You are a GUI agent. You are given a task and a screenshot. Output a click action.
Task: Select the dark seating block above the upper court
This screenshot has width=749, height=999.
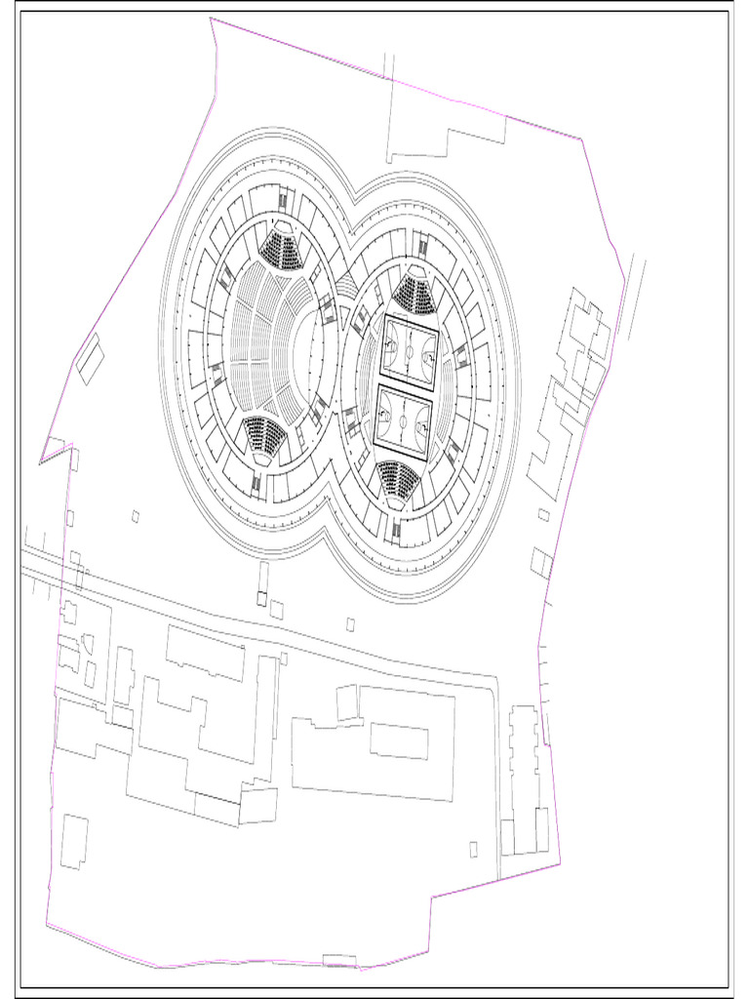click(x=414, y=292)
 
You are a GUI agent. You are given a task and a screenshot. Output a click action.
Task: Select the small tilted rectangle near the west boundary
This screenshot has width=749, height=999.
click(x=90, y=359)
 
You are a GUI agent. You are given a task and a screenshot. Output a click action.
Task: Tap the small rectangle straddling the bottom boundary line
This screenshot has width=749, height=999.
click(x=339, y=961)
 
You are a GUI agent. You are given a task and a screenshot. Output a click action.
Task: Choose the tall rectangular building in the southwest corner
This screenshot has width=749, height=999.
click(x=74, y=842)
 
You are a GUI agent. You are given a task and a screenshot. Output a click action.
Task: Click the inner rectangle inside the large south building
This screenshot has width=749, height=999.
click(x=399, y=740)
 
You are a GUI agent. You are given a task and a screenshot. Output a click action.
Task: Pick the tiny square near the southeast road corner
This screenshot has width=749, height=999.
click(x=473, y=849)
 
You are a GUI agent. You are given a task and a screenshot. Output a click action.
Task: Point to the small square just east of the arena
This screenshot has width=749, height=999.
click(x=543, y=515)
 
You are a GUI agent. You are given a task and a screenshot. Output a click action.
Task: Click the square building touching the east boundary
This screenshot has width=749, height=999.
click(x=541, y=563)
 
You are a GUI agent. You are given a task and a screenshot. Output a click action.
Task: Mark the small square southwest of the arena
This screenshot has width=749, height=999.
click(x=136, y=516)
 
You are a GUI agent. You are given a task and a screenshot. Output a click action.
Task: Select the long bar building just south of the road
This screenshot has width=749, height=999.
click(x=205, y=653)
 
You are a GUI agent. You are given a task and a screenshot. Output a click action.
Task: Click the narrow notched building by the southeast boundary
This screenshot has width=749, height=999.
click(x=524, y=771)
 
